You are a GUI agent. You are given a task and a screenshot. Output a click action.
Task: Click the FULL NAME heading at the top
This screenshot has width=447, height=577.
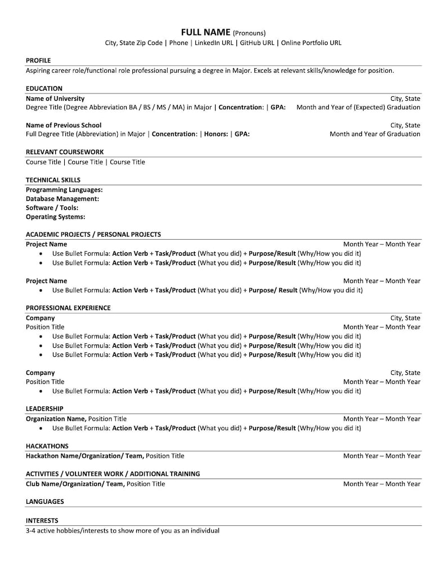coord(205,32)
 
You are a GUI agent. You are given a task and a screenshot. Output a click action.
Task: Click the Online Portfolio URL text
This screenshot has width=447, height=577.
coord(311,43)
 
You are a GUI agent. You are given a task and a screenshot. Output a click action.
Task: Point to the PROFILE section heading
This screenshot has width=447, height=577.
coord(38,60)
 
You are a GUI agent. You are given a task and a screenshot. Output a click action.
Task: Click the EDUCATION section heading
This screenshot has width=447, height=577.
coord(44,88)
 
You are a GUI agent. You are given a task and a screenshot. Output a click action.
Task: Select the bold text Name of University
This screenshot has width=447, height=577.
coord(55,98)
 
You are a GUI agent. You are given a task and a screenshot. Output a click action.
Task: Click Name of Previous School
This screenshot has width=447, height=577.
coord(64,125)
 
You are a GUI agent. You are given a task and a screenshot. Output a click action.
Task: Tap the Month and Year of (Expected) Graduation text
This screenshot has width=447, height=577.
coord(358,107)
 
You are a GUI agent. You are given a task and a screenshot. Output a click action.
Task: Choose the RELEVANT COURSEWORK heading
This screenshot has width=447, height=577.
coord(65,152)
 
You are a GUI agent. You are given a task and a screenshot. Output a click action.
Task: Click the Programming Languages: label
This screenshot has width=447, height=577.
coord(64,190)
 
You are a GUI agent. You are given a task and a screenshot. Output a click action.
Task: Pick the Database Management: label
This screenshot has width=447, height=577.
coord(62,199)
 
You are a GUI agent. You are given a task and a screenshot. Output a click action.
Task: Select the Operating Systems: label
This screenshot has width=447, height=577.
coord(56,217)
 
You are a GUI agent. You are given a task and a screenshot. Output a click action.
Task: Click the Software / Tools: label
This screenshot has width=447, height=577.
coord(52,208)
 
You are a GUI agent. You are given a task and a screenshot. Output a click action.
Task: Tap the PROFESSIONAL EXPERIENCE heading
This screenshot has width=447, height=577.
coord(68,308)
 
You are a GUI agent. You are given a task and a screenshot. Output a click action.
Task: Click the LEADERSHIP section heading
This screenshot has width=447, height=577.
coord(44,409)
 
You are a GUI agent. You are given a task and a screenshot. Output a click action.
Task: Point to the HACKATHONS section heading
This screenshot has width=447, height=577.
coord(47,446)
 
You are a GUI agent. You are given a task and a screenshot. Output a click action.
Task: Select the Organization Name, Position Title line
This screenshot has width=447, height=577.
coord(77,419)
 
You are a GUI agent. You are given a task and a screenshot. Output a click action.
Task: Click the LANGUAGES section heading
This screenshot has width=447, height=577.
coord(44,502)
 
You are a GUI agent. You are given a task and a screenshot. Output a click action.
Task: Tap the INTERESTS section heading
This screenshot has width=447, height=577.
coord(42,521)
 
